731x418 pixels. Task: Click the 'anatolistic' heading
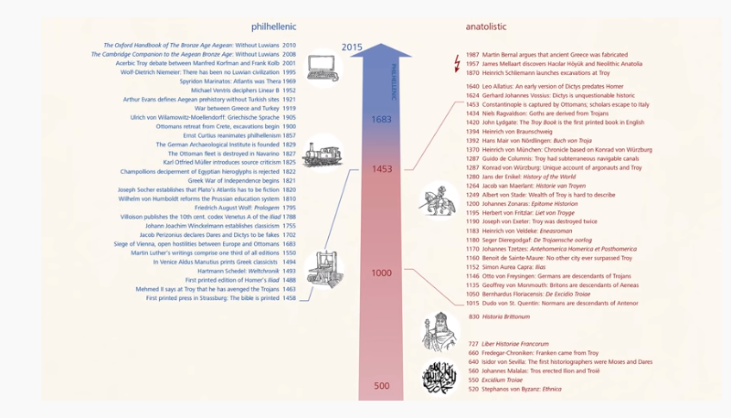[487, 27]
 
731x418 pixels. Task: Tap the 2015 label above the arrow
[352, 47]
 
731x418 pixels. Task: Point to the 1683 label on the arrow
[382, 119]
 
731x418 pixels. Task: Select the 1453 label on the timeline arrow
[382, 169]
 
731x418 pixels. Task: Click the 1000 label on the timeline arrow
[382, 273]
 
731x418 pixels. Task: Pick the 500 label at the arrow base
[382, 386]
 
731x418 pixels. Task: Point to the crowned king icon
[440, 330]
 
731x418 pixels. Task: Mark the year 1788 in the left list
[289, 217]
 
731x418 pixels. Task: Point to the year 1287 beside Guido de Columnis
[472, 159]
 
